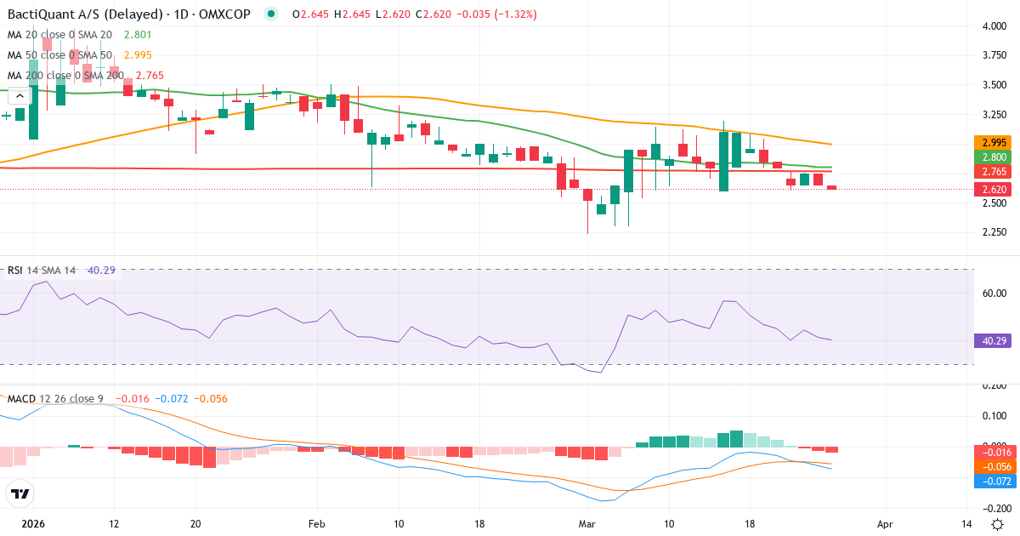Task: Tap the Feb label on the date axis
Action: (317, 525)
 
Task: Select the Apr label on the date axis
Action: (885, 525)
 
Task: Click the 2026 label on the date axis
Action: (33, 525)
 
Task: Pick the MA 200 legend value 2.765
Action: (149, 76)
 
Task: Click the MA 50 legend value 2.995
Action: (137, 55)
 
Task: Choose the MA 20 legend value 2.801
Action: (137, 35)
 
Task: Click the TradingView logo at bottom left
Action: (20, 493)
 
